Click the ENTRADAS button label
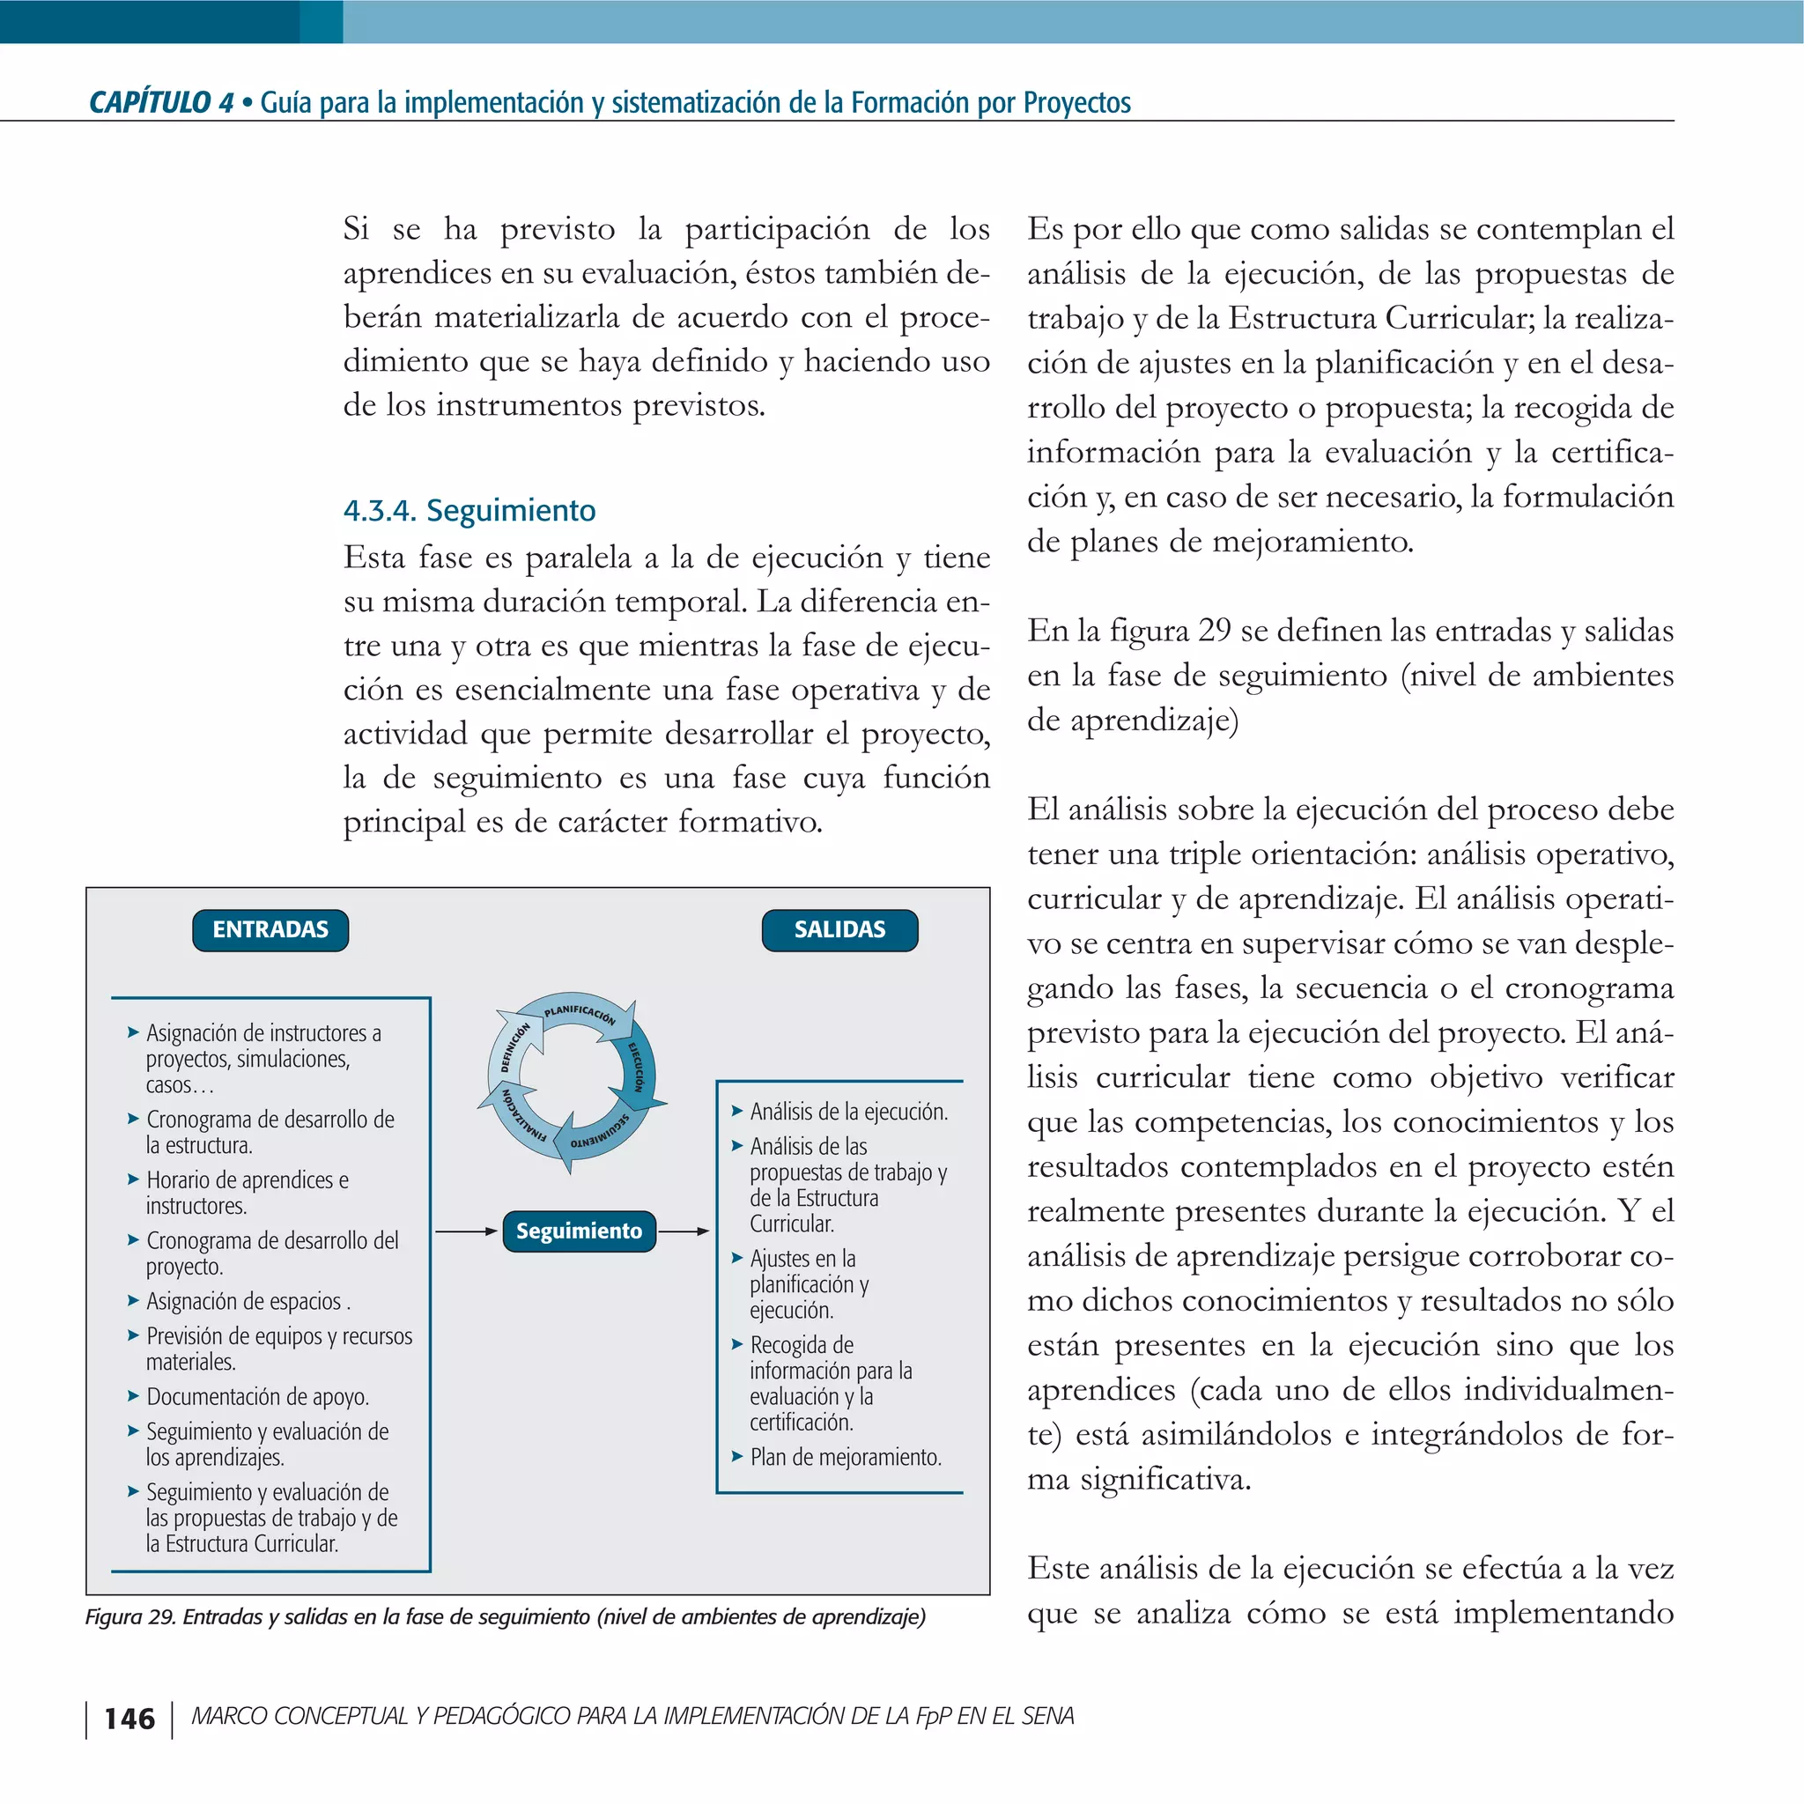coord(270,930)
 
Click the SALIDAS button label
coord(839,930)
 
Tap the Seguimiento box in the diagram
coord(579,1231)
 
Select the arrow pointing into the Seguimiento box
coord(466,1231)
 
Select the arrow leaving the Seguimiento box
coord(684,1231)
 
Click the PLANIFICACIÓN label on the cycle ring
coord(579,1014)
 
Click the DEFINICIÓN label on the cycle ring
coord(514,1046)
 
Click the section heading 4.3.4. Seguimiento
coord(469,511)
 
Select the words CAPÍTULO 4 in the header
coord(160,102)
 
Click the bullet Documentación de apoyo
coord(257,1397)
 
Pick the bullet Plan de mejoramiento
coord(845,1457)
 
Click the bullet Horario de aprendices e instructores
coord(247,1193)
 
